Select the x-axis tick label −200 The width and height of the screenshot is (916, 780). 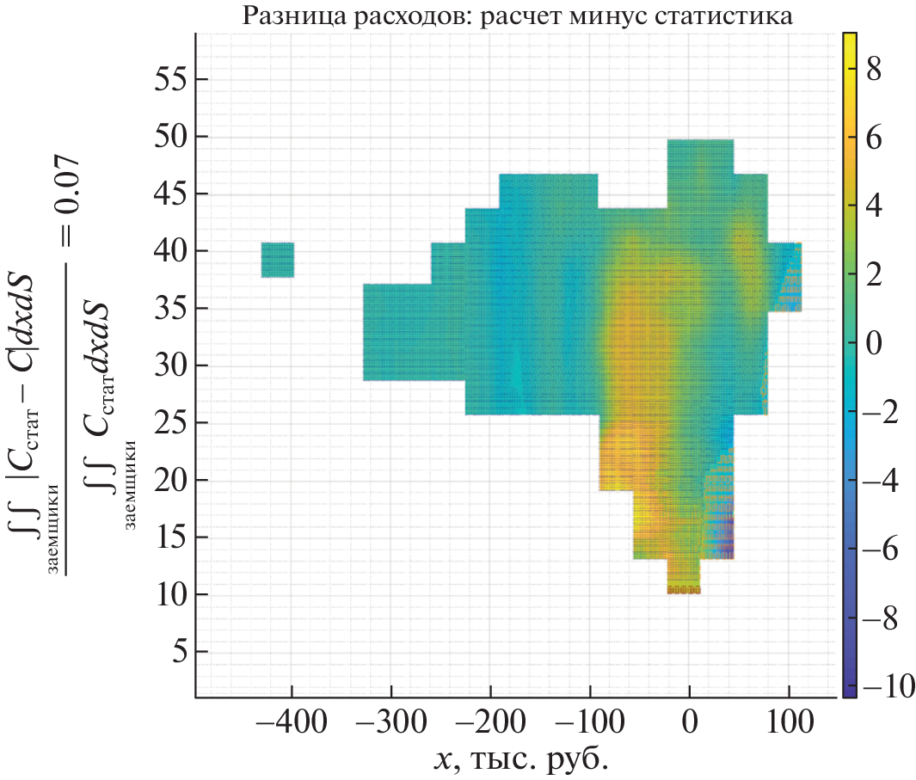(x=489, y=721)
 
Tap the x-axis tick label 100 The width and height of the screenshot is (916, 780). (x=788, y=721)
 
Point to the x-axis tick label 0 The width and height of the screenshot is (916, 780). (x=689, y=721)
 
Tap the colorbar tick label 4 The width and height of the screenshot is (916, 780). (x=874, y=207)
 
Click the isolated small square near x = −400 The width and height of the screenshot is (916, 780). (x=277, y=260)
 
